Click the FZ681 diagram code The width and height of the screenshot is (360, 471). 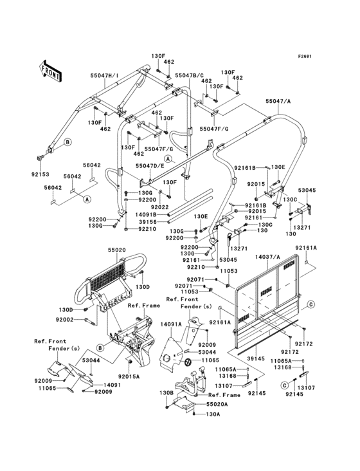[x=304, y=56]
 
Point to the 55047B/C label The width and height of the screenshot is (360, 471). [x=189, y=75]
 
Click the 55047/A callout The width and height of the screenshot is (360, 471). [x=278, y=102]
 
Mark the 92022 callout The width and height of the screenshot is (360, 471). [x=159, y=207]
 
